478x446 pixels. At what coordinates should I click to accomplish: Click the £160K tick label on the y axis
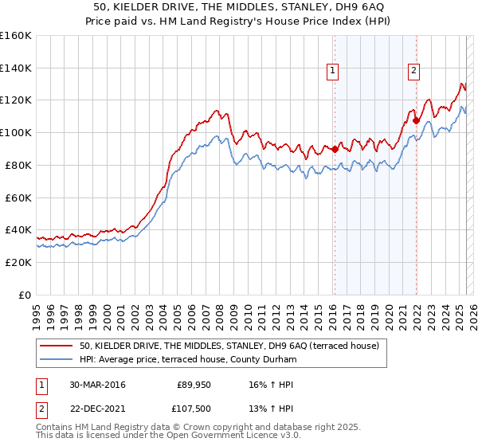16,36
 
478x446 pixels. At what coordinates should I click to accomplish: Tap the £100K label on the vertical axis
16,132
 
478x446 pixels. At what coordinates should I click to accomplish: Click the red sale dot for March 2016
335,148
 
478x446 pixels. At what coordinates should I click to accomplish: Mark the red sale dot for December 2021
416,121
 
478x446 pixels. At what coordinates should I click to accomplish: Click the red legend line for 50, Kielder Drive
57,346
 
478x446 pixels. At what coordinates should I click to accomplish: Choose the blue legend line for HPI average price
57,360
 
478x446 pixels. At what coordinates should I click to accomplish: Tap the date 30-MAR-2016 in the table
97,385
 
